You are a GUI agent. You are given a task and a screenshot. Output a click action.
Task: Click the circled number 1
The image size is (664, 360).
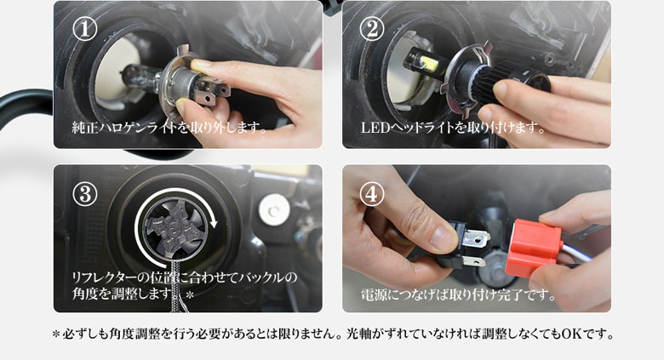84,28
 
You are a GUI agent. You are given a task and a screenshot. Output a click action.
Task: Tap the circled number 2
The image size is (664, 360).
372,28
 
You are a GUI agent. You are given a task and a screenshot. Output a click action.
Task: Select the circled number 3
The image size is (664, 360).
84,194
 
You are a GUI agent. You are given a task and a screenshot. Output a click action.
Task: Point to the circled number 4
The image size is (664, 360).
372,194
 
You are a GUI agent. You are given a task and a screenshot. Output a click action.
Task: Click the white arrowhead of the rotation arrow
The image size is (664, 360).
213,222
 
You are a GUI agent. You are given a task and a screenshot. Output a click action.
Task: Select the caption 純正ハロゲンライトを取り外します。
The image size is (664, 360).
169,127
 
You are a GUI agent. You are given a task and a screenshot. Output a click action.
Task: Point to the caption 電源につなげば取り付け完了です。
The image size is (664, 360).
459,294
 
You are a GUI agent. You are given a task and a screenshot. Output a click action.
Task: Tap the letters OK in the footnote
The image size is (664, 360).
571,334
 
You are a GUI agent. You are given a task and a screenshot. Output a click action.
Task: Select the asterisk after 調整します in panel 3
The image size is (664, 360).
189,294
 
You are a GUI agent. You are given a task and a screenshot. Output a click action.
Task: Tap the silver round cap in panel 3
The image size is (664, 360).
274,209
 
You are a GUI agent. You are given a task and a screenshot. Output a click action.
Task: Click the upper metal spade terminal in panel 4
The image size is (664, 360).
477,239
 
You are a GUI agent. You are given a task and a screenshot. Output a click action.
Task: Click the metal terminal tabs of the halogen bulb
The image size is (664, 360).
214,93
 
